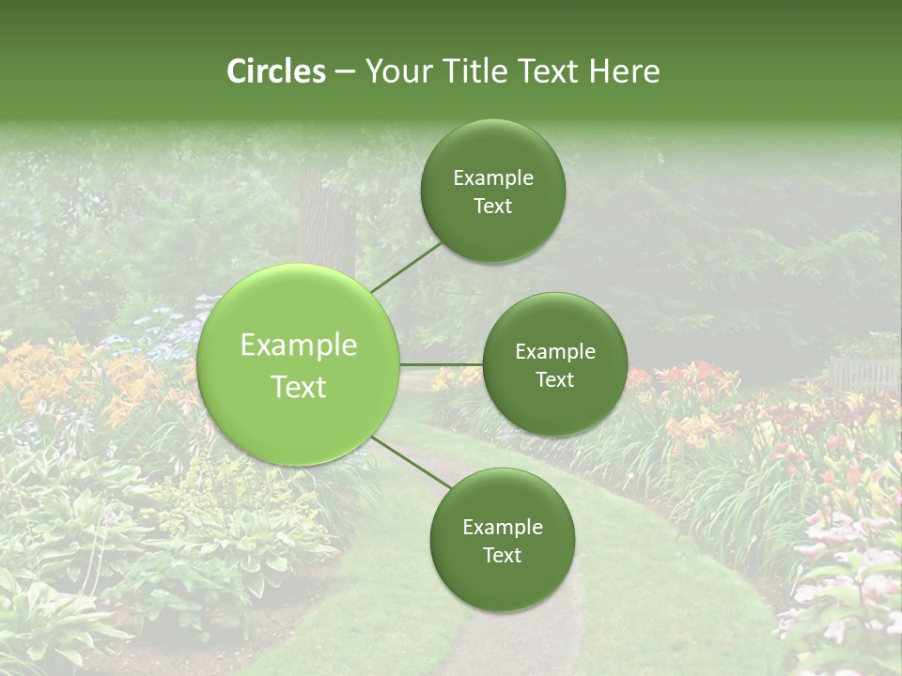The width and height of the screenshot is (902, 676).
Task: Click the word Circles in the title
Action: click(276, 71)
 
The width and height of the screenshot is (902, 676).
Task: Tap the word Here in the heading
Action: click(624, 71)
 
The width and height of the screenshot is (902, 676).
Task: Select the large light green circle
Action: click(299, 364)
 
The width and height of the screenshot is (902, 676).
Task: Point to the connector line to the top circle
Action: click(407, 267)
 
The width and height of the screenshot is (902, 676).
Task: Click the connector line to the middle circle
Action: click(442, 364)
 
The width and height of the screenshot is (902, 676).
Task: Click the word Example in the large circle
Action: click(299, 346)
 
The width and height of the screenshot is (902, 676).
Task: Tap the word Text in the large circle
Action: click(299, 387)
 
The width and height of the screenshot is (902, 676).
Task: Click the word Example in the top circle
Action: click(493, 178)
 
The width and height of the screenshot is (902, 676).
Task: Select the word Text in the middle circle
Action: click(555, 380)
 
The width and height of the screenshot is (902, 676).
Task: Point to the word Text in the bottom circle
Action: click(503, 556)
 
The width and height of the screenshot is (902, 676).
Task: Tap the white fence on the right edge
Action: click(863, 374)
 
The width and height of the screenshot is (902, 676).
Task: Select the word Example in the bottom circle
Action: click(503, 528)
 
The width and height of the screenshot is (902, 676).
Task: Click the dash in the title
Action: click(345, 72)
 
